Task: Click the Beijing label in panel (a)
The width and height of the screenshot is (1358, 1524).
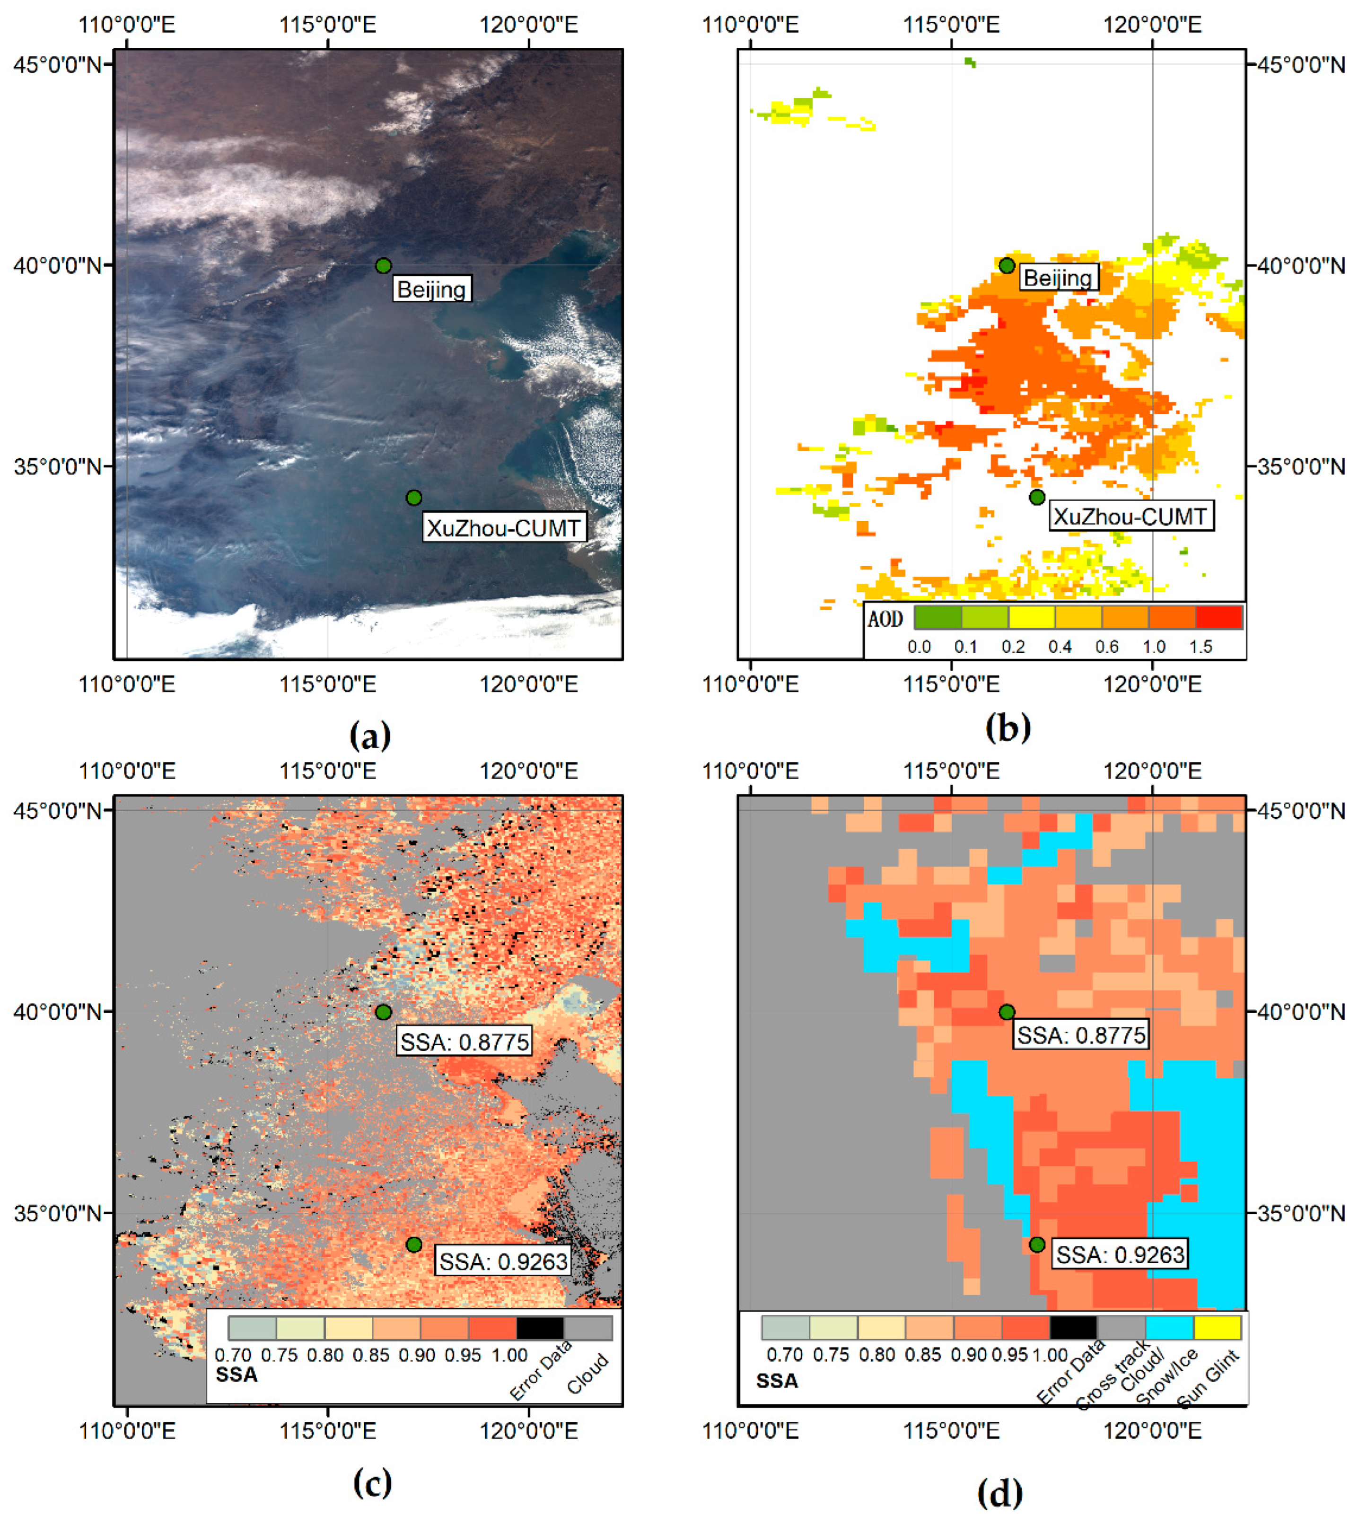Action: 431,289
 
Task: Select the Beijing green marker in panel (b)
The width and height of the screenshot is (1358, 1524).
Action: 1007,265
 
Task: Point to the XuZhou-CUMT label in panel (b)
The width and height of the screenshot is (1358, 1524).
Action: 1130,516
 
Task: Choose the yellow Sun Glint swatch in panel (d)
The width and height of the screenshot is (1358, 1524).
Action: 1217,1328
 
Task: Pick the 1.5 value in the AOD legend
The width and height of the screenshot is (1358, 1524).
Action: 1200,647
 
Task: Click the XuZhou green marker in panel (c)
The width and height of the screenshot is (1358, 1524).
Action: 414,1244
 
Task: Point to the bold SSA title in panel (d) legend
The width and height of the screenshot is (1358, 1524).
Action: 777,1381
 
